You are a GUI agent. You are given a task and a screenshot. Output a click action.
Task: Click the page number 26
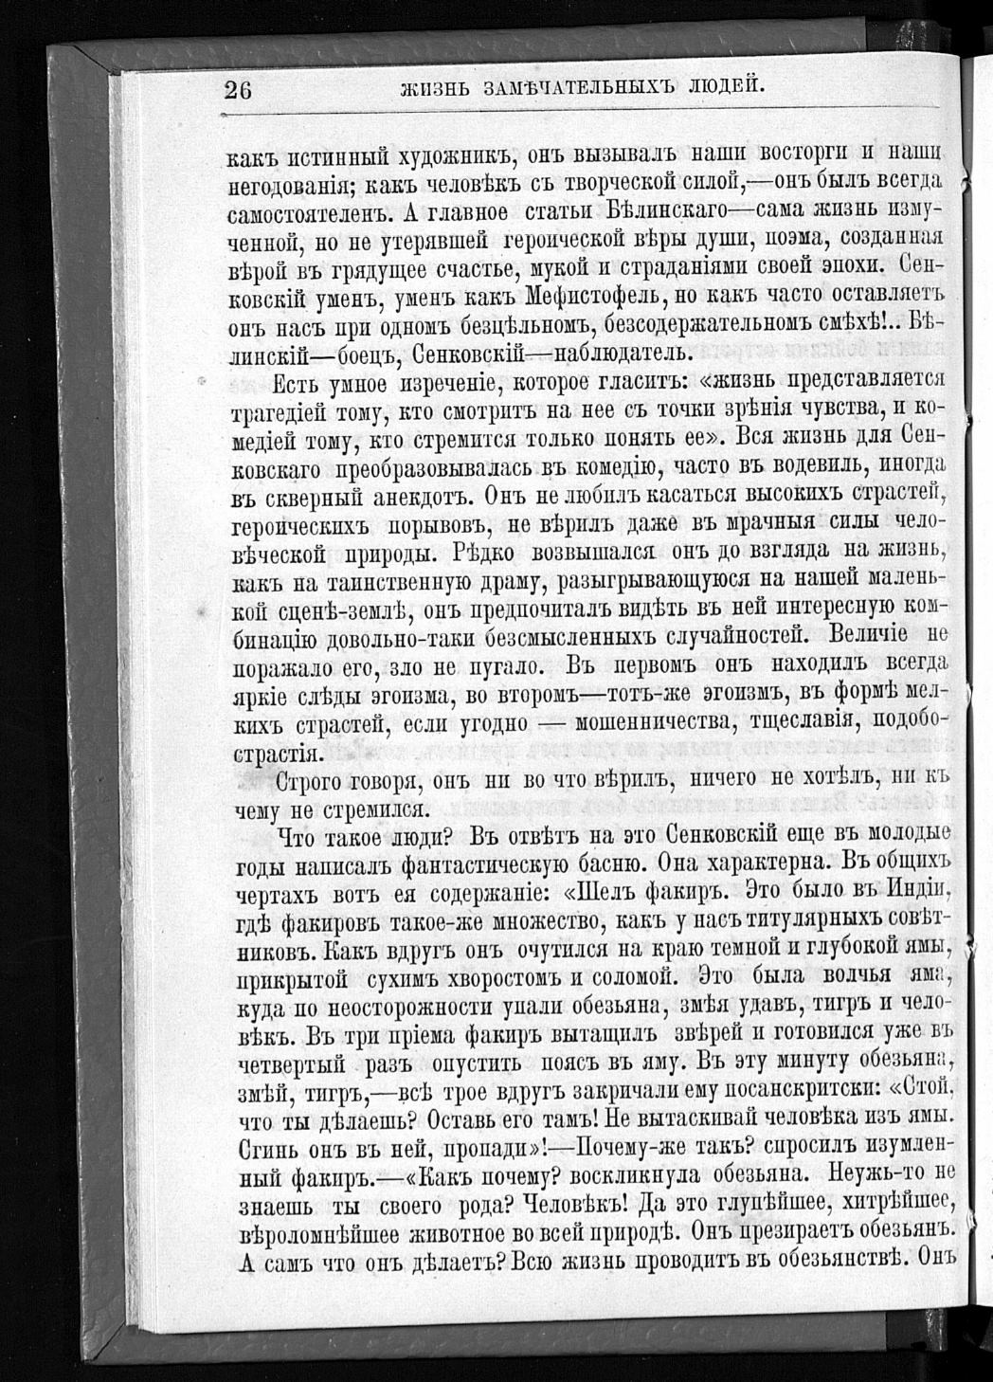tap(237, 90)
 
